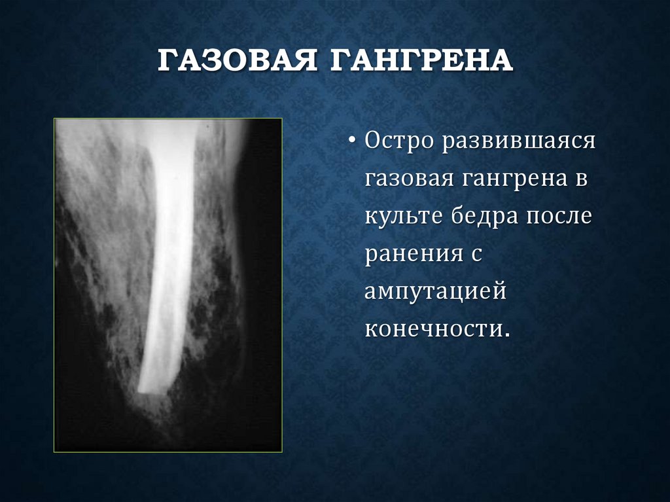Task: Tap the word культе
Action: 402,216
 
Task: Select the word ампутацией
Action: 435,291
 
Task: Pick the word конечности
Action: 433,329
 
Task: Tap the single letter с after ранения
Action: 476,254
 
